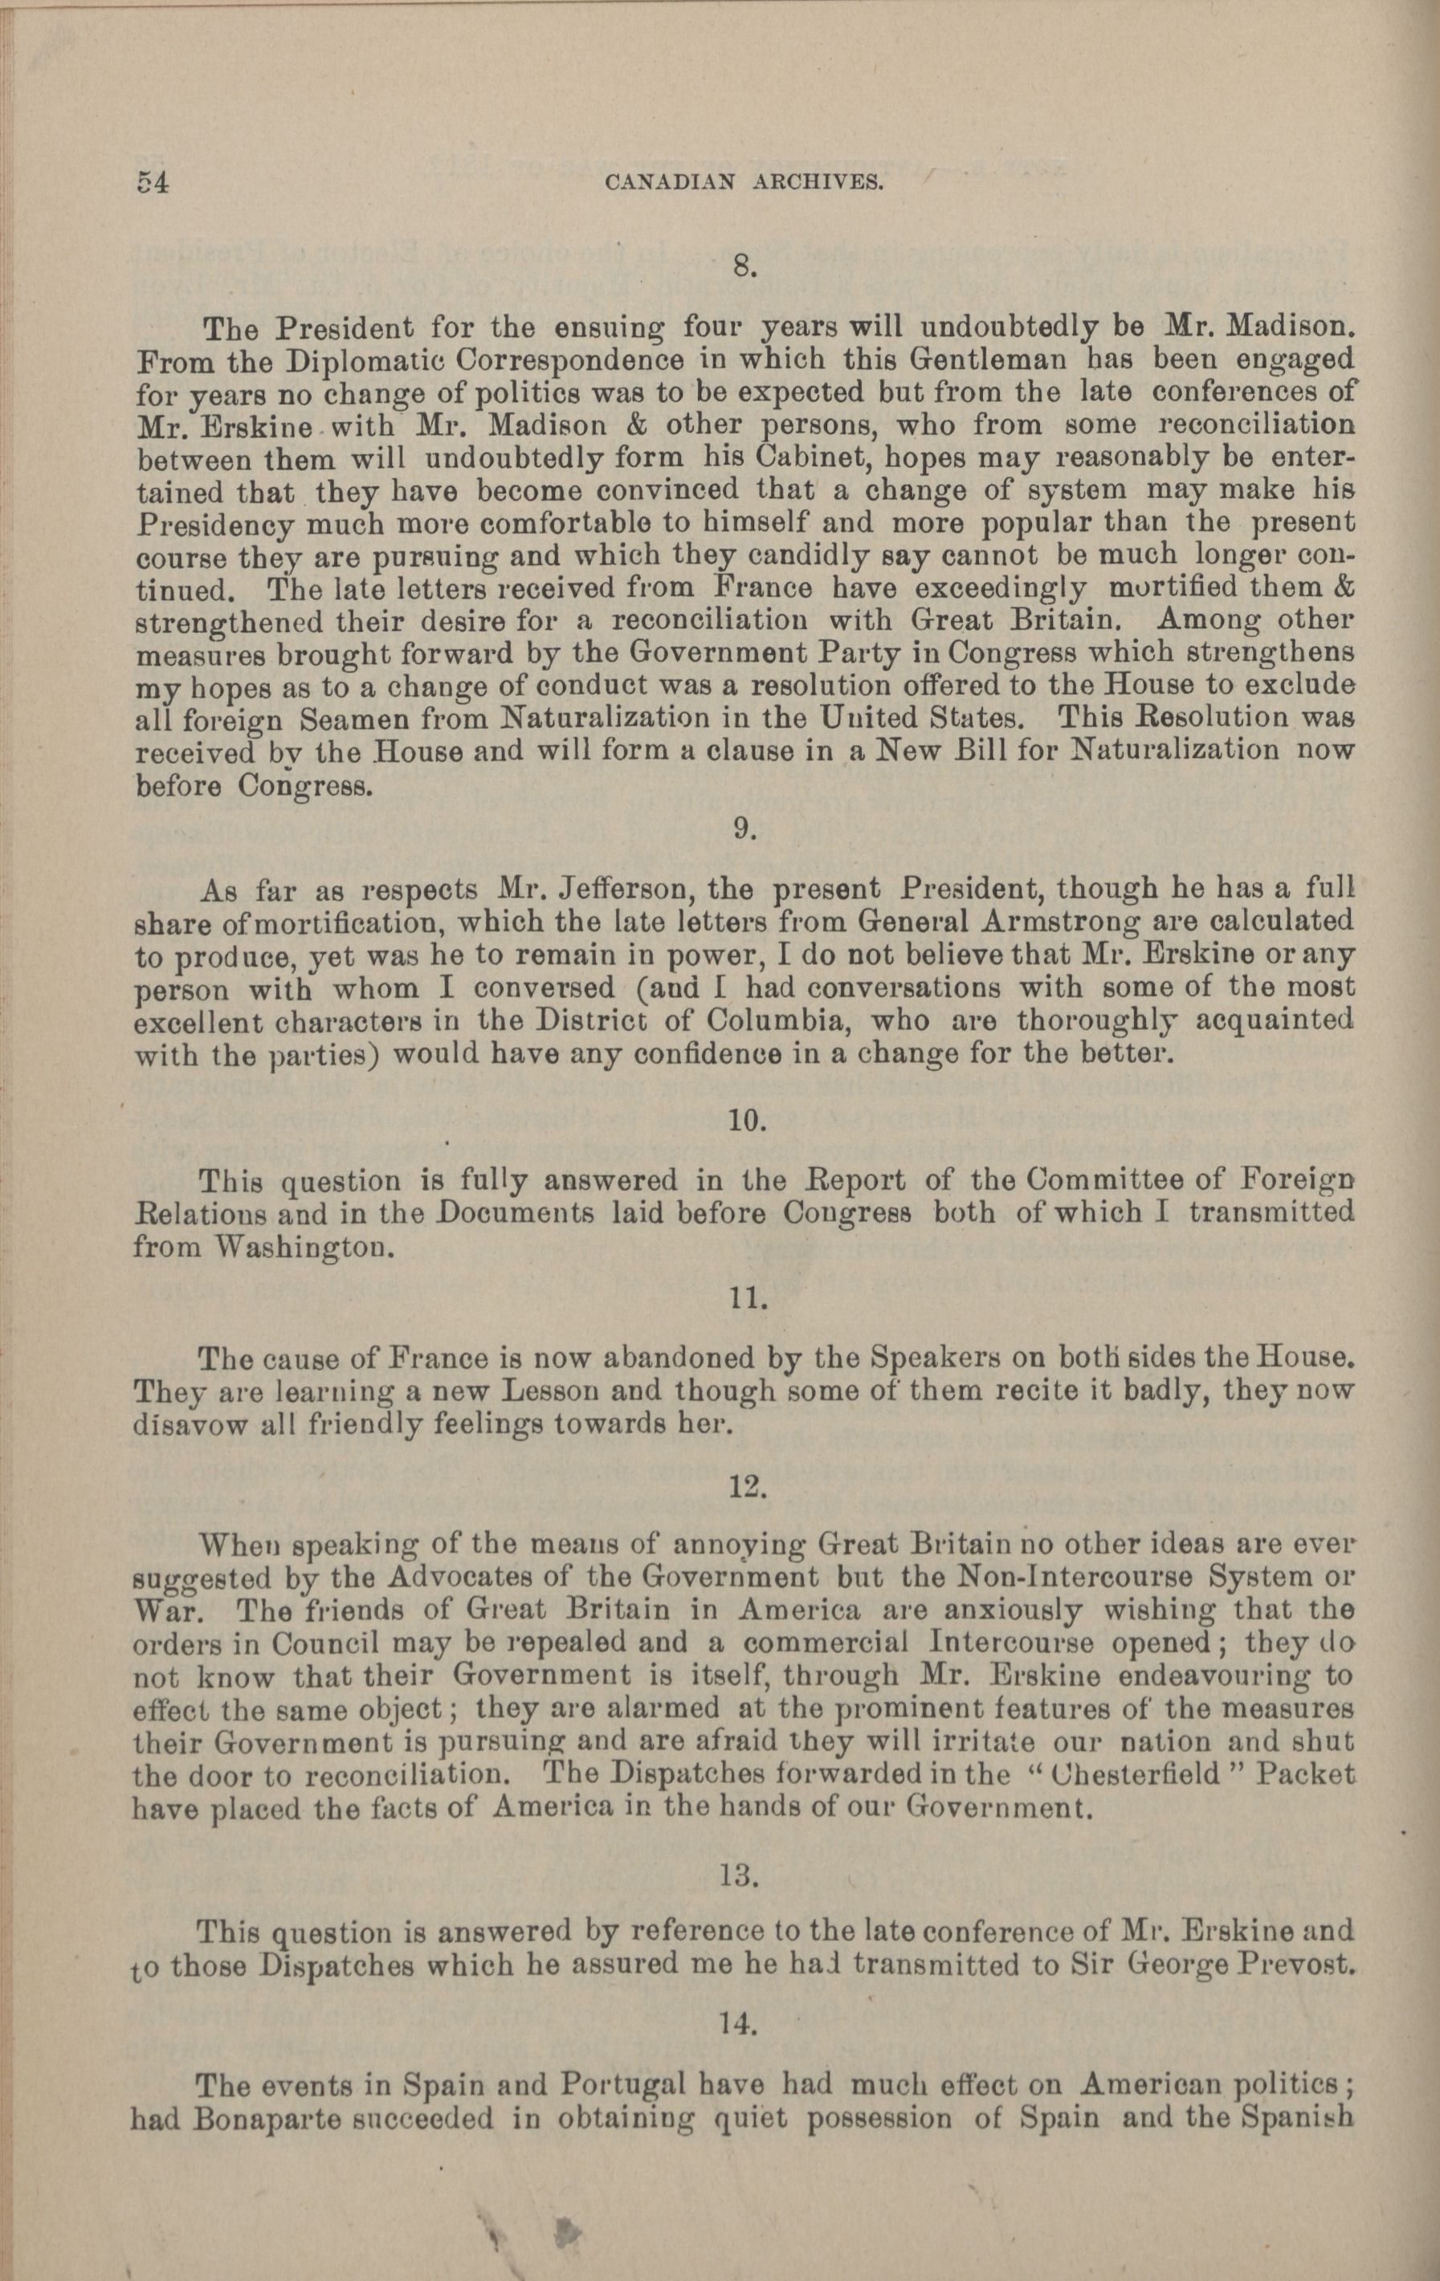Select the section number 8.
(742, 268)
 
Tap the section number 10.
(747, 1121)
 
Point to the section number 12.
(747, 1487)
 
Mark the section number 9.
(744, 828)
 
